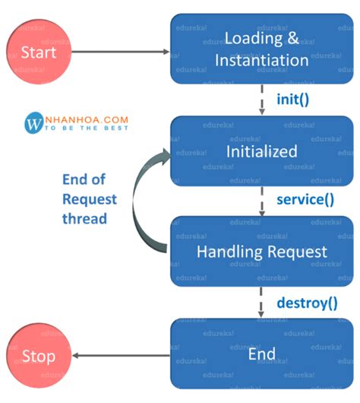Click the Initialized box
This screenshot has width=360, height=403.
pos(261,151)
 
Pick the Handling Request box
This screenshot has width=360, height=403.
pos(261,251)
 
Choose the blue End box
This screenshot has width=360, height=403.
pos(261,354)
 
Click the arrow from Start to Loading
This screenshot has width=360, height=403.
pos(122,52)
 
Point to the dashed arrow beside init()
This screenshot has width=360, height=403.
pos(262,100)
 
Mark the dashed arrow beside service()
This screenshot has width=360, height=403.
pos(262,201)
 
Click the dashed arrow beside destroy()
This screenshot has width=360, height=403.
pos(262,303)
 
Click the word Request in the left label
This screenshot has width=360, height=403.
pos(90,199)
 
